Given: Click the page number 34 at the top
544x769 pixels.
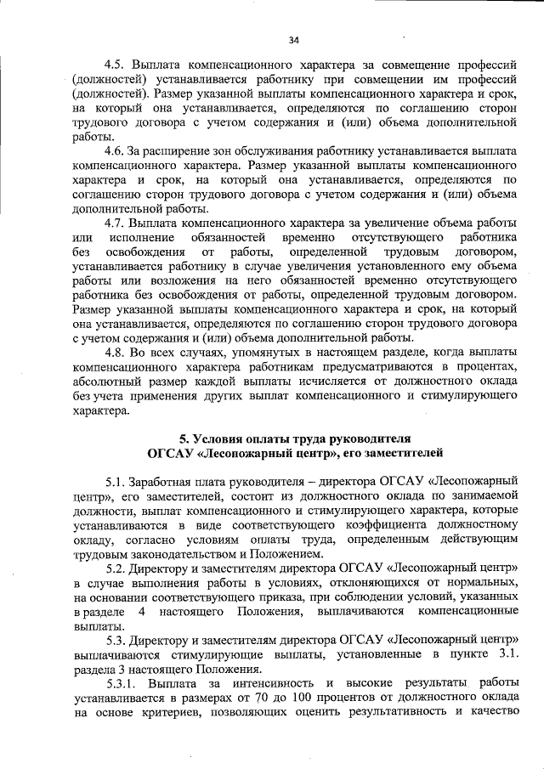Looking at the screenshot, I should point(294,40).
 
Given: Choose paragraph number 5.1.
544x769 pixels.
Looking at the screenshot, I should point(116,480).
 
